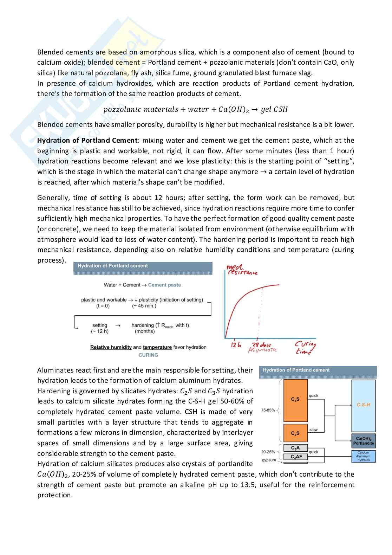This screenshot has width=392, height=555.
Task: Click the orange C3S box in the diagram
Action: pyautogui.click(x=295, y=400)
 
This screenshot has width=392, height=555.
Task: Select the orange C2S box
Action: pyautogui.click(x=295, y=433)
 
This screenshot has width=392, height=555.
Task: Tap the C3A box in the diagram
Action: pyautogui.click(x=295, y=448)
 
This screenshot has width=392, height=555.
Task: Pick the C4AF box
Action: pyautogui.click(x=296, y=457)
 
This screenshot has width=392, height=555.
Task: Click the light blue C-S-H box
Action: pyautogui.click(x=364, y=406)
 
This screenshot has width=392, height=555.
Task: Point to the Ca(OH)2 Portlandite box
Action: pyautogui.click(x=364, y=441)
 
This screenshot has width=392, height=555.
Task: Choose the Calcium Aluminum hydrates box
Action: pyautogui.click(x=364, y=456)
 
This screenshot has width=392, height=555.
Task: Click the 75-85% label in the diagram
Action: pyautogui.click(x=268, y=410)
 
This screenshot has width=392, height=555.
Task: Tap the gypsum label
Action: pyautogui.click(x=269, y=460)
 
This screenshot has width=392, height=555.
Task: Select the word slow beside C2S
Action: pyautogui.click(x=313, y=430)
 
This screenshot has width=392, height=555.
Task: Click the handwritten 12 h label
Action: pyautogui.click(x=236, y=345)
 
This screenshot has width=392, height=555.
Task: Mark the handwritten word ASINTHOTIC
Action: pyautogui.click(x=262, y=350)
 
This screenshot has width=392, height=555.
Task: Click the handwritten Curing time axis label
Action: pyautogui.click(x=305, y=348)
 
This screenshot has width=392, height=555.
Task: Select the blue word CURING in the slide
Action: pyautogui.click(x=148, y=355)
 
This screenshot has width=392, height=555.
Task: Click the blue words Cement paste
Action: pyautogui.click(x=164, y=285)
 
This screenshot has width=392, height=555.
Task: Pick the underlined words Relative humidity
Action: pyautogui.click(x=111, y=347)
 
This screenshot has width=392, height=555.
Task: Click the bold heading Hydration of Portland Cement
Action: pyautogui.click(x=87, y=141)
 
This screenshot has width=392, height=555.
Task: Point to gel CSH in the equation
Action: pyautogui.click(x=274, y=110)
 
